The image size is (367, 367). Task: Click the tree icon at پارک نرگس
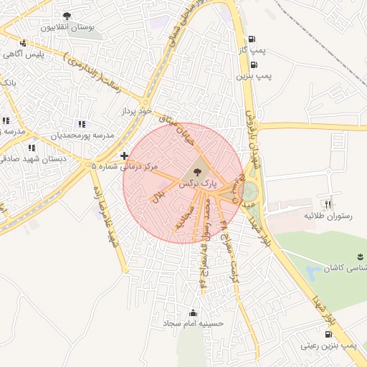198,172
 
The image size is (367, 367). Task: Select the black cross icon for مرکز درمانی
125,155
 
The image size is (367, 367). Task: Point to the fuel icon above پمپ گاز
251,39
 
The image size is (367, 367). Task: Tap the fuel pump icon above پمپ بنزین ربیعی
348,334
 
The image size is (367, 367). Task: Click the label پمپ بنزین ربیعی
328,346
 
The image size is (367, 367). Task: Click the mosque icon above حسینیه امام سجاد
193,313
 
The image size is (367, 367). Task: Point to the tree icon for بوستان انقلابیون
67,16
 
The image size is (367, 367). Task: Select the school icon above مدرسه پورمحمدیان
81,123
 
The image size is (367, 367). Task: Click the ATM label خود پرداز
137,112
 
